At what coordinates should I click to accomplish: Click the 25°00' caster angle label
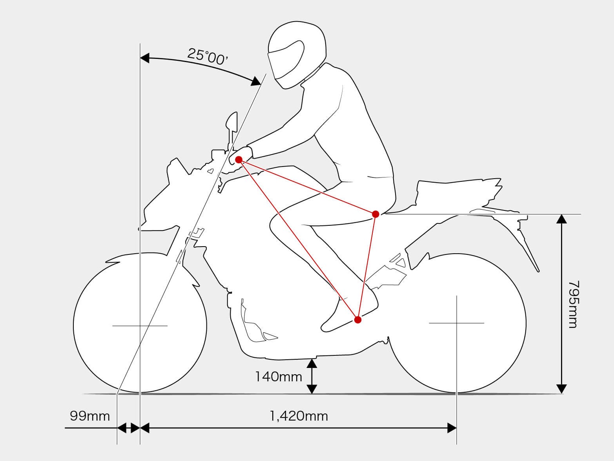point(208,56)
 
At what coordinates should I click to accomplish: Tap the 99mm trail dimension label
point(90,416)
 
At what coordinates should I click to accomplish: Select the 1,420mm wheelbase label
point(299,416)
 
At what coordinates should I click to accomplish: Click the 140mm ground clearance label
point(279,377)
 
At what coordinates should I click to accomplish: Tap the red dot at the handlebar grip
point(239,160)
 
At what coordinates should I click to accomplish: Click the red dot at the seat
point(376,214)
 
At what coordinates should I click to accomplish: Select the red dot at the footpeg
point(358,320)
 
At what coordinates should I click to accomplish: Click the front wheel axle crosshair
point(140,326)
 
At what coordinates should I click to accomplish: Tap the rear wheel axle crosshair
point(457,323)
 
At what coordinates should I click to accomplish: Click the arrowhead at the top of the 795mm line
point(561,219)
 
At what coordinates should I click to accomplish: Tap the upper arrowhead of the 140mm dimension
point(312,363)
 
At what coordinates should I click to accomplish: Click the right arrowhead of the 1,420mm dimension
point(452,428)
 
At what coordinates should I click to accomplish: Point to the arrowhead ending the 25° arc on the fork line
point(256,81)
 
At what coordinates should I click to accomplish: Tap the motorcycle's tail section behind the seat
point(459,196)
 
